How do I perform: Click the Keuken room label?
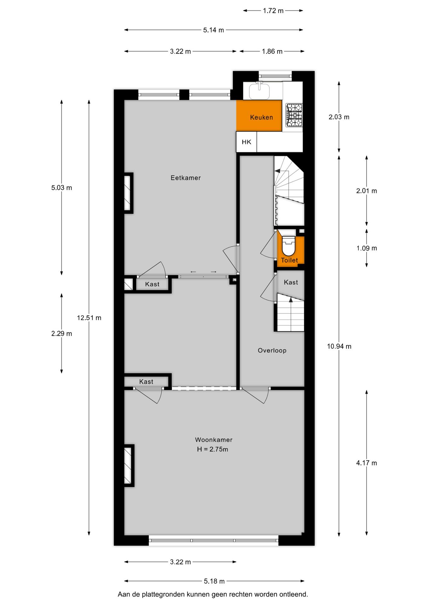[261, 117]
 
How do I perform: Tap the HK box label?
[246, 142]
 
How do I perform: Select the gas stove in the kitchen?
[294, 115]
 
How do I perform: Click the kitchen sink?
[259, 91]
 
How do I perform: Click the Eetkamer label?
[186, 178]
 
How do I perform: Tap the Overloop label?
[272, 350]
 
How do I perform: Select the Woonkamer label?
[214, 440]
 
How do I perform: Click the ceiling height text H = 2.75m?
[212, 449]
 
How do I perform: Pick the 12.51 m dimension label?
[89, 318]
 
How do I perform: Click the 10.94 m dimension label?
[339, 346]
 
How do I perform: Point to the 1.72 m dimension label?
[273, 11]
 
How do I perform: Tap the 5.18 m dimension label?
[214, 581]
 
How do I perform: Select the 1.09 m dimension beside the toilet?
[367, 248]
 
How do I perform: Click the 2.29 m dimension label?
[62, 334]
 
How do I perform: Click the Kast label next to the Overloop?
[291, 282]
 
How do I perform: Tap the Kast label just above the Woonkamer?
[146, 382]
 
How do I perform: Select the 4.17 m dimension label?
[367, 463]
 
